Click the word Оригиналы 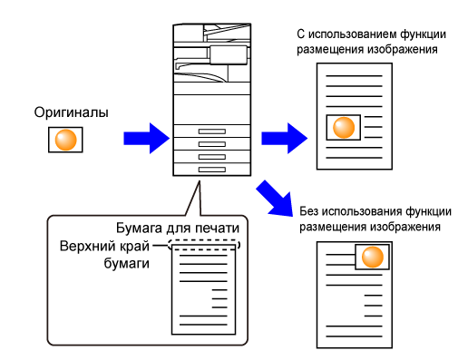pyautogui.click(x=71, y=112)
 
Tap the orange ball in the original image pyautogui.click(x=65, y=140)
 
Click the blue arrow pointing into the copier pyautogui.click(x=146, y=138)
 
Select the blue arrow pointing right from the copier pyautogui.click(x=284, y=138)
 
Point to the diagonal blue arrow pyautogui.click(x=275, y=199)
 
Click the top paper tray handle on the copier pyautogui.click(x=212, y=131)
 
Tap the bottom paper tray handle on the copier pyautogui.click(x=212, y=170)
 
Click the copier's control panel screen pyautogui.click(x=229, y=54)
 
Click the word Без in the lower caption pyautogui.click(x=308, y=211)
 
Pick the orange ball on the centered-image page pyautogui.click(x=344, y=127)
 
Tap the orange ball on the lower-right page pyautogui.click(x=373, y=257)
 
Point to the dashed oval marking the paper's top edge pyautogui.click(x=204, y=240)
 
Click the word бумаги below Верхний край pyautogui.click(x=127, y=264)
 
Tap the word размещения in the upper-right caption pyautogui.click(x=330, y=50)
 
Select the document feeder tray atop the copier pyautogui.click(x=227, y=32)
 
